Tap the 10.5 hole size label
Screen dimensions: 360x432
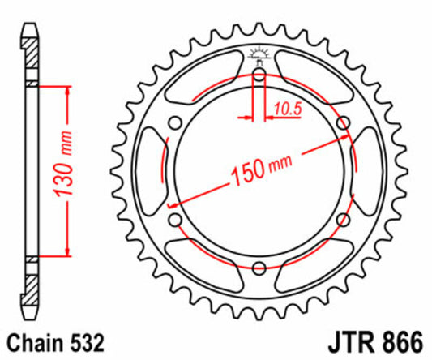coord(286,106)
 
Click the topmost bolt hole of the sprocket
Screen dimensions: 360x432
coord(259,77)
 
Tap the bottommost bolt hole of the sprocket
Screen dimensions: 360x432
coord(259,268)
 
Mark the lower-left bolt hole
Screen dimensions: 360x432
coord(175,220)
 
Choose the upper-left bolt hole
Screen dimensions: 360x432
coord(175,124)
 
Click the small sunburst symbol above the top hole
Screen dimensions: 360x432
coord(259,56)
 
